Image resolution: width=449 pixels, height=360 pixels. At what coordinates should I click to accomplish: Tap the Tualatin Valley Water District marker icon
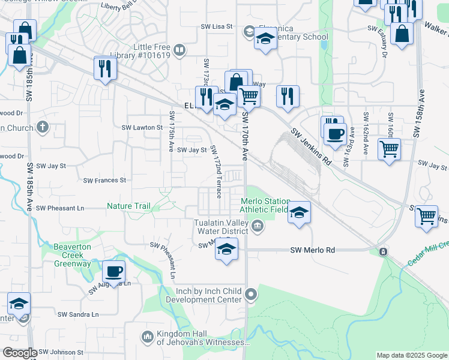(257, 226)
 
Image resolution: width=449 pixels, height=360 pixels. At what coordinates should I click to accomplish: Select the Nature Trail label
(128, 206)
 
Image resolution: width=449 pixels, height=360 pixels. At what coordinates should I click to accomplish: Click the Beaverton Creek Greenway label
(73, 255)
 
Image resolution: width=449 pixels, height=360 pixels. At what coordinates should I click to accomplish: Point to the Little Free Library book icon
(179, 49)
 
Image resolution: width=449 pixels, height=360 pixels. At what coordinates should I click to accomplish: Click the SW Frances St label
(104, 180)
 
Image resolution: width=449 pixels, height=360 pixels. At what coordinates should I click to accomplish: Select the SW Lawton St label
(142, 127)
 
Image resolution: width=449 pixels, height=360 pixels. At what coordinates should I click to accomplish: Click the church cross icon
(41, 127)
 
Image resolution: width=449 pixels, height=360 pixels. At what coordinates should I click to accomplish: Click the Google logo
(19, 353)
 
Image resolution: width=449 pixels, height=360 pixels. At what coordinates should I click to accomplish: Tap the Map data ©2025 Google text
(411, 355)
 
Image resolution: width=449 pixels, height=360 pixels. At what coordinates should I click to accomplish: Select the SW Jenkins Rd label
(311, 146)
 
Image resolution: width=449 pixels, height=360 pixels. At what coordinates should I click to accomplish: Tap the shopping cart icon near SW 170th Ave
(248, 95)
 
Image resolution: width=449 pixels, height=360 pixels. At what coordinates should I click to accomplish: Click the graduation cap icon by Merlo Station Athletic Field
(299, 212)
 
